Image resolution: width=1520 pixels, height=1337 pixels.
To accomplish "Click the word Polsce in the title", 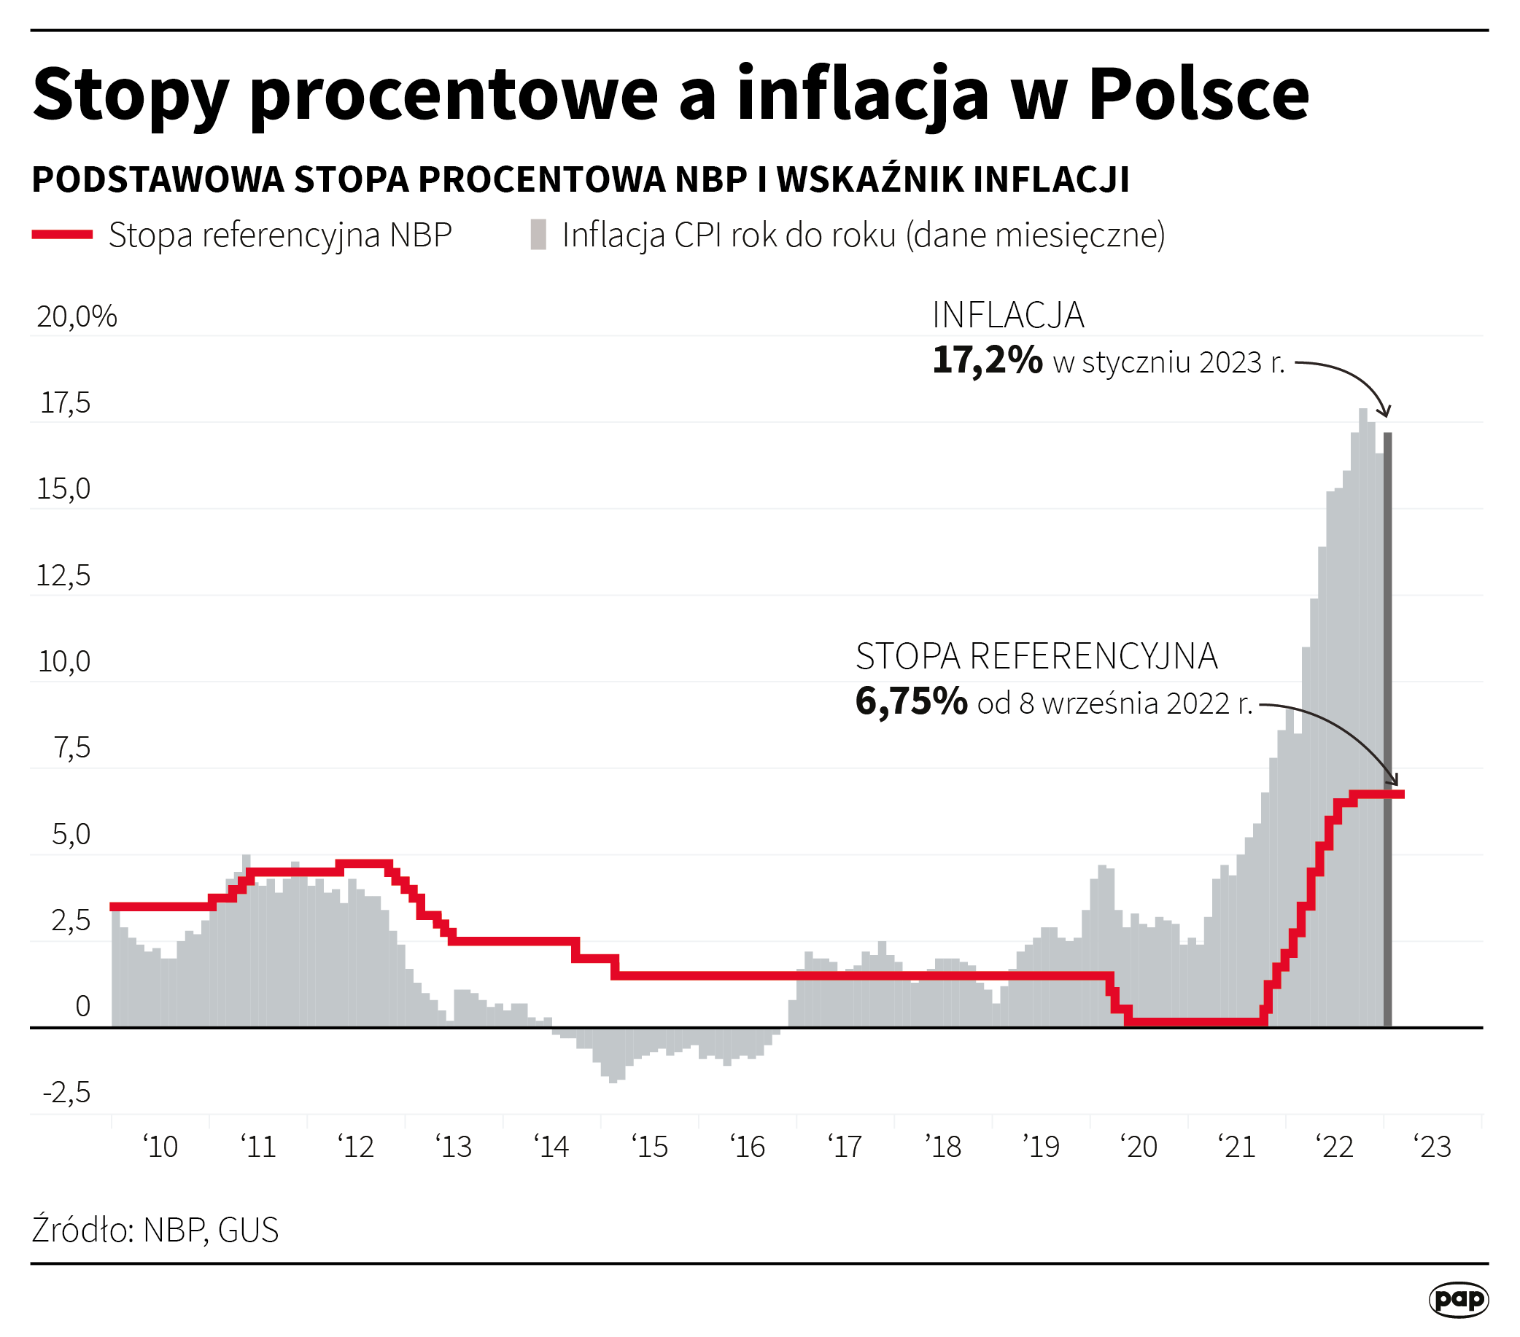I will pos(1198,94).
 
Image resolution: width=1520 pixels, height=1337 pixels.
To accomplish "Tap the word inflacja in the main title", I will pos(863,94).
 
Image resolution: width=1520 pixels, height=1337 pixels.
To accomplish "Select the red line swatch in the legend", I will pos(63,235).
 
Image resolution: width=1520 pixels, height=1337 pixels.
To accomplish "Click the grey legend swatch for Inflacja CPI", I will pos(538,235).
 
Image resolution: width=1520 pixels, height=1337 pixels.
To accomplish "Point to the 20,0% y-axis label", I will pos(77,317).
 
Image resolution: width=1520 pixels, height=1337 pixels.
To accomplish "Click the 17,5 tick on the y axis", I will pos(66,404).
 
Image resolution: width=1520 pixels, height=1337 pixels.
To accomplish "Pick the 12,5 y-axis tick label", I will pos(63,576).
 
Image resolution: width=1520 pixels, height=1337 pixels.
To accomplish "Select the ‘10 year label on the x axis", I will pos(160,1147).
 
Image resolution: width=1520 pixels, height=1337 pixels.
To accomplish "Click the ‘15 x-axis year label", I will pos(650,1147).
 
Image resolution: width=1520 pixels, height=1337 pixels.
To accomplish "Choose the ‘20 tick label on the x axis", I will pos(1139,1147).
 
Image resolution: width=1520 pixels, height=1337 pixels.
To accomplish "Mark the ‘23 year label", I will pos(1433,1147).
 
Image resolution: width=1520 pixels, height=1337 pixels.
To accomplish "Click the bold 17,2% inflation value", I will pos(987,361).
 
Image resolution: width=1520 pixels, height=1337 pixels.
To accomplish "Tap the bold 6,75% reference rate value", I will pos(911,702).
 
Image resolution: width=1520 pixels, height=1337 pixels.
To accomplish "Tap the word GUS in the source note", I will pos(249,1231).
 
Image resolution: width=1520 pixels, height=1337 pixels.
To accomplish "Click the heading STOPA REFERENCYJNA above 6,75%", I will pos(1036,657).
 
